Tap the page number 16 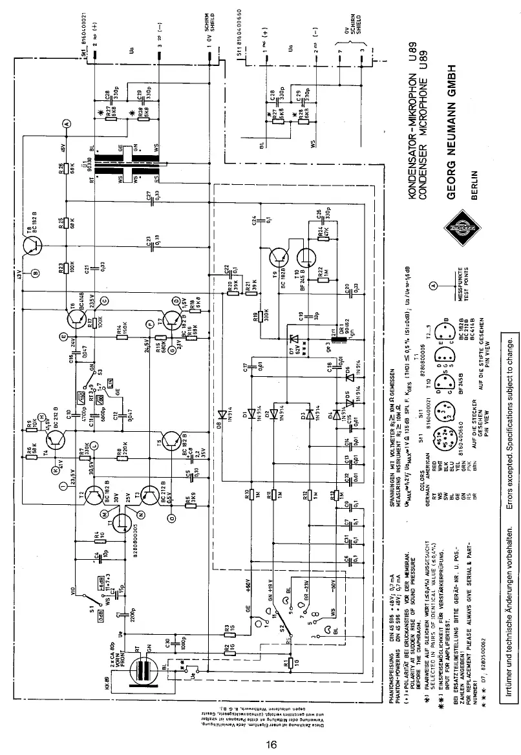pyautogui.click(x=271, y=744)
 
